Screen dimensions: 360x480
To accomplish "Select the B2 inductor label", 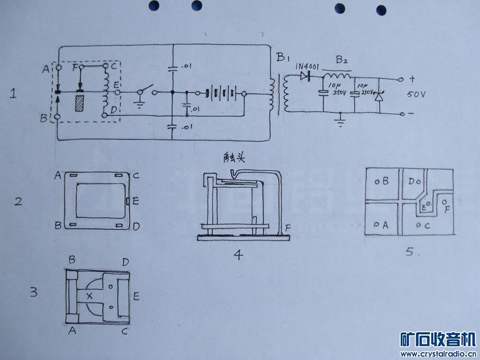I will point(342,60).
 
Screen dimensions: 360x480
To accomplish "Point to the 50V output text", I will point(416,95).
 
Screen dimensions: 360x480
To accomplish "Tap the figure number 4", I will point(237,254).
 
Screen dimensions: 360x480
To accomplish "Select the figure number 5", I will point(409,251).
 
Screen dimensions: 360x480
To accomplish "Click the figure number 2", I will point(18,202).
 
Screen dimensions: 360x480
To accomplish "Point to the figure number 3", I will point(34,292).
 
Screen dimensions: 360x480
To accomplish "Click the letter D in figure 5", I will point(411,181).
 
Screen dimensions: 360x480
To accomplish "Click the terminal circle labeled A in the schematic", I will point(59,68).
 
